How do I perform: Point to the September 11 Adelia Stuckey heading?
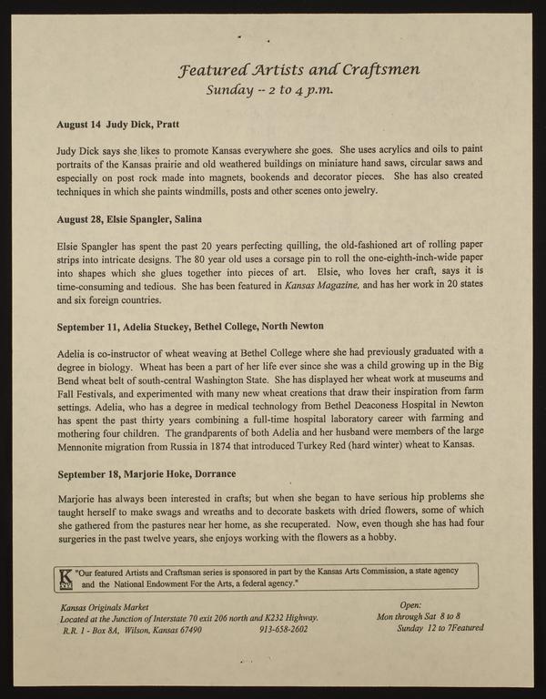(x=190, y=326)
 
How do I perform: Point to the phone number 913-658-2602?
(x=284, y=629)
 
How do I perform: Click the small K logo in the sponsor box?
(x=65, y=580)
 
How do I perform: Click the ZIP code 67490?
(x=184, y=629)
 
